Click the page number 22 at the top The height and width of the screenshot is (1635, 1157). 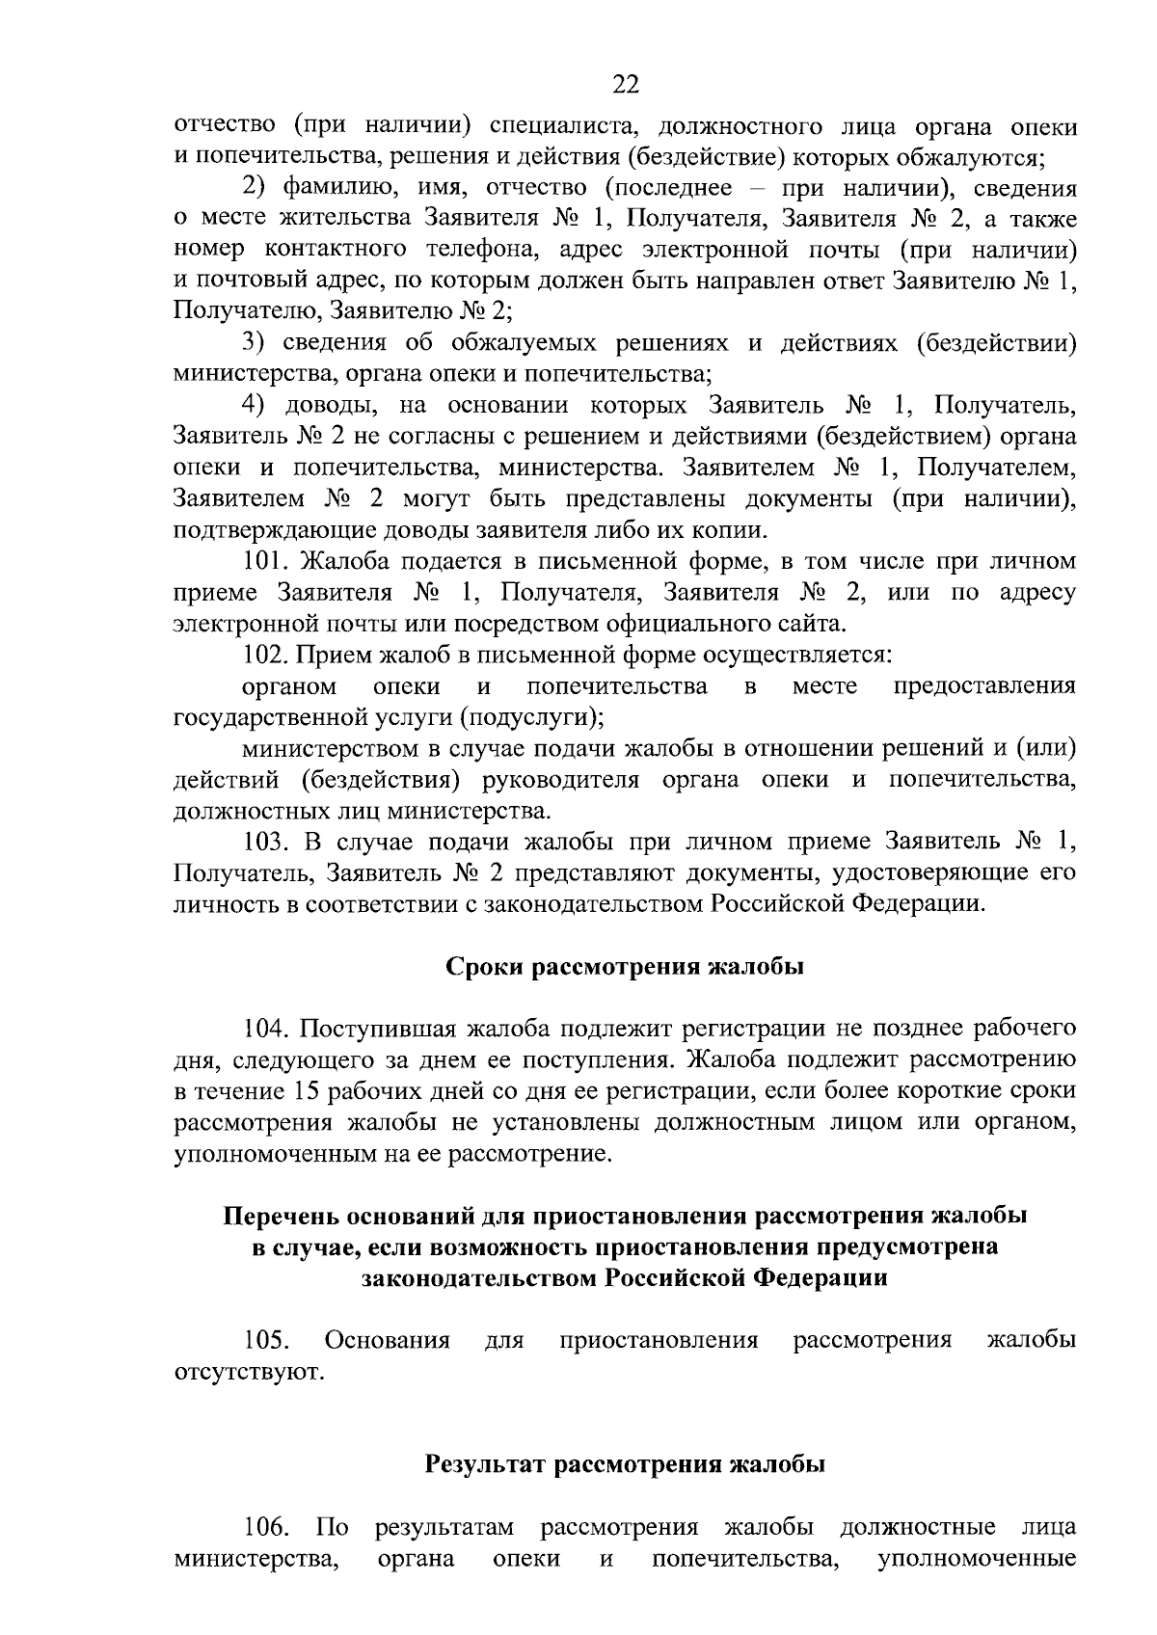(625, 85)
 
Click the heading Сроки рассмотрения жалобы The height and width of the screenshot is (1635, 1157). (624, 967)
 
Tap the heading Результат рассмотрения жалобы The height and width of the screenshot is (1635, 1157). (625, 1465)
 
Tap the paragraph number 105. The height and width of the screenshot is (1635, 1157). (265, 1340)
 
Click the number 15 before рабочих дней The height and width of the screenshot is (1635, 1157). (300, 1091)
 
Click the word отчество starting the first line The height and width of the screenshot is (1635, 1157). (226, 125)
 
